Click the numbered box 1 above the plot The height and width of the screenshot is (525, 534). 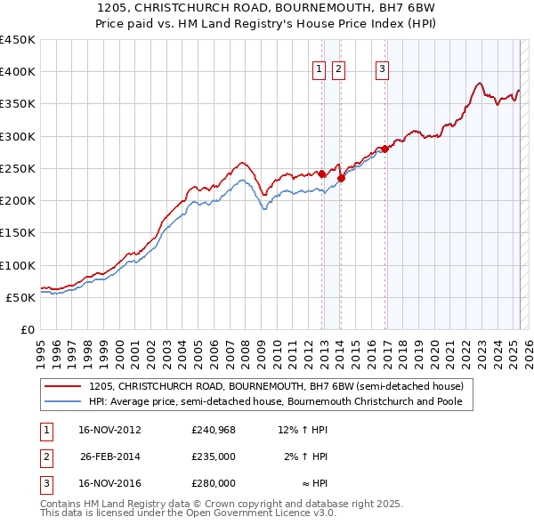(x=319, y=70)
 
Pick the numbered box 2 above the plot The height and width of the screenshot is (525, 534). (x=339, y=70)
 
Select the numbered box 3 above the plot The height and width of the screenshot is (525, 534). (x=382, y=70)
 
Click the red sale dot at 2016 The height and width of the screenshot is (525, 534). (x=384, y=149)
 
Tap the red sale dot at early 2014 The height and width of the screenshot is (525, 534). (x=341, y=178)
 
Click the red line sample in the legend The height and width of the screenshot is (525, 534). (x=62, y=387)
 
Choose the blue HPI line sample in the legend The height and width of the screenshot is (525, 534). (x=62, y=401)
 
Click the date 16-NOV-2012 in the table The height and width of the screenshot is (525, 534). (x=110, y=431)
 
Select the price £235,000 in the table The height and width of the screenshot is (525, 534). (x=214, y=456)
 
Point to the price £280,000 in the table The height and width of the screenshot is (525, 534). (x=214, y=483)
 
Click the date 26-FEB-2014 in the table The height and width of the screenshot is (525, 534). (x=110, y=456)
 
